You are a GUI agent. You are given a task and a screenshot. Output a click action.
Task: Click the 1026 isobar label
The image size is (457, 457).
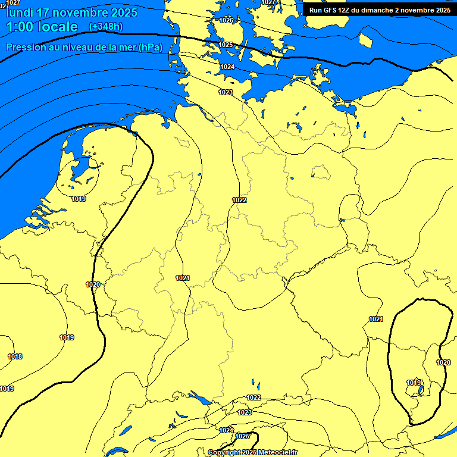pyautogui.click(x=226, y=20)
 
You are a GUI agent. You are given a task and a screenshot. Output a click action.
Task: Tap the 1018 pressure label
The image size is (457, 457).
pyautogui.click(x=15, y=356)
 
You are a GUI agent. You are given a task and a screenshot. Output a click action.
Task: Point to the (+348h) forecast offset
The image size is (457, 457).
pyautogui.click(x=105, y=27)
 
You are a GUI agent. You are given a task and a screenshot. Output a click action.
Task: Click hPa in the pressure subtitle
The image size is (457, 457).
pyautogui.click(x=150, y=48)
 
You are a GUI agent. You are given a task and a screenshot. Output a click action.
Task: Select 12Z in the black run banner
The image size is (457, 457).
pyautogui.click(x=345, y=10)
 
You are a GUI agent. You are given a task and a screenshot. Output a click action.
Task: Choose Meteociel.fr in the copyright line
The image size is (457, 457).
pyautogui.click(x=278, y=453)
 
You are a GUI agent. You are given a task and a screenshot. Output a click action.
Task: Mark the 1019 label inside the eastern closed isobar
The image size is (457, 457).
pyautogui.click(x=414, y=382)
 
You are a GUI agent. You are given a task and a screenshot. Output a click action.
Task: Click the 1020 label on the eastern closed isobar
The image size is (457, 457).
pyautogui.click(x=443, y=362)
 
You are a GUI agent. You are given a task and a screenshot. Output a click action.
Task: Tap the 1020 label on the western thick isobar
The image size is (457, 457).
pyautogui.click(x=93, y=284)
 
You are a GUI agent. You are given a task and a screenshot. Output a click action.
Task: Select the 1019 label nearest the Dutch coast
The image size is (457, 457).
pyautogui.click(x=78, y=199)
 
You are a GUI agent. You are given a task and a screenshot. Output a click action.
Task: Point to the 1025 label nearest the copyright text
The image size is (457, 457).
pyautogui.click(x=242, y=436)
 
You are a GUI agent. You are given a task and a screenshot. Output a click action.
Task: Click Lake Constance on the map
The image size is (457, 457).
pyautogui.click(x=198, y=397)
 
